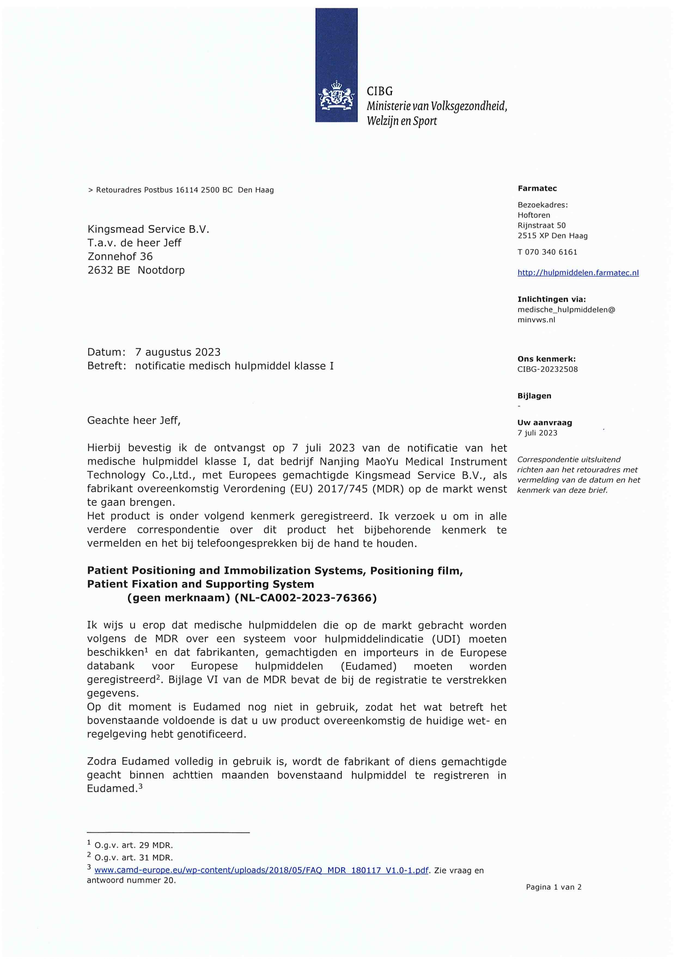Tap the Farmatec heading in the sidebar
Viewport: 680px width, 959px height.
click(x=537, y=188)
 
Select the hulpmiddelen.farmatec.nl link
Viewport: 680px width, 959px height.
click(x=578, y=273)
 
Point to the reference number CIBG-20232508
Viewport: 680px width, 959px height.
click(x=547, y=369)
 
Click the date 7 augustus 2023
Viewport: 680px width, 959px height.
click(x=178, y=352)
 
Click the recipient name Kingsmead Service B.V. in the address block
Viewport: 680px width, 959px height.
click(x=148, y=229)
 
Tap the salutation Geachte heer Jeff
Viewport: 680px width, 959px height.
click(x=133, y=421)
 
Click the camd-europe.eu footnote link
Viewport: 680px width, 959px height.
click(x=261, y=870)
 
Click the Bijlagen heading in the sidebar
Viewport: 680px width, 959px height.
click(x=534, y=396)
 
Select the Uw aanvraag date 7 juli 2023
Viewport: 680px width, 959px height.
click(x=537, y=433)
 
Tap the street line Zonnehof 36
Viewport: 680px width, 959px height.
click(x=120, y=256)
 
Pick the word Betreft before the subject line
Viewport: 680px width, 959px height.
click(x=106, y=366)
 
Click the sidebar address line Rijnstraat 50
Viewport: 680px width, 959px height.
click(x=541, y=225)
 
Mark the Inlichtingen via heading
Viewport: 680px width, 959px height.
click(x=551, y=299)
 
